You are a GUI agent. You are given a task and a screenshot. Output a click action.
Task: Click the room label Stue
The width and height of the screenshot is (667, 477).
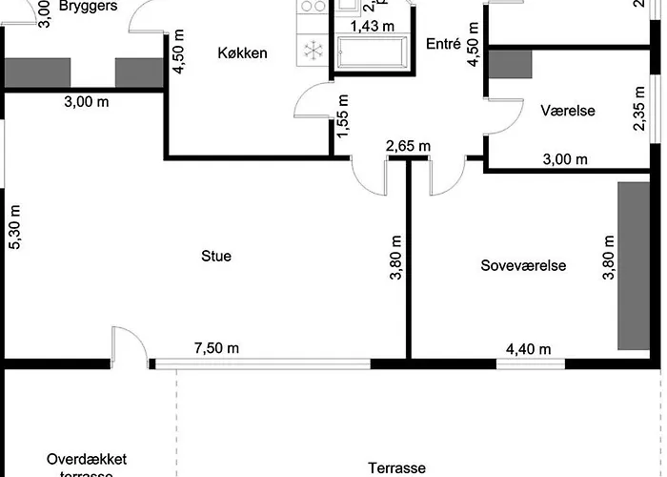click(216, 256)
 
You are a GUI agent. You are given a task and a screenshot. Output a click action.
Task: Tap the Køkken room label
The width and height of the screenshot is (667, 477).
click(241, 53)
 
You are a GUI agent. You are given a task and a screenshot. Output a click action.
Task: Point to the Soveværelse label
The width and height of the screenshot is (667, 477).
click(523, 266)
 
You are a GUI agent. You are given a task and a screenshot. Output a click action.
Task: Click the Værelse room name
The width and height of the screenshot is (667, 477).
click(568, 111)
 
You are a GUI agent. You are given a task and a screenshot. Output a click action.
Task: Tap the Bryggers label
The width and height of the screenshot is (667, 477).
click(88, 6)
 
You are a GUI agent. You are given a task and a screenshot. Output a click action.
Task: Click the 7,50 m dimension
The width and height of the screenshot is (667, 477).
click(218, 348)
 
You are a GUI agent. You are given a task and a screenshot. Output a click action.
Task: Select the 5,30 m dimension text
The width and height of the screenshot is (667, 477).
click(14, 228)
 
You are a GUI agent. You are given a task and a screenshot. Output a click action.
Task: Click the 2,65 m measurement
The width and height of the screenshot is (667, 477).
click(408, 146)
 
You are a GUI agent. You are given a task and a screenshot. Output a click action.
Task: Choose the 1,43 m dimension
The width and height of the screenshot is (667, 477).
click(373, 26)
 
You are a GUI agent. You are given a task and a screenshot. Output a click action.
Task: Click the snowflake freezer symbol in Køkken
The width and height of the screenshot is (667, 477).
click(311, 50)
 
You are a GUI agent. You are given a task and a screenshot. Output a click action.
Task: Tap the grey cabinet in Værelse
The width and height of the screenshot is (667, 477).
click(511, 62)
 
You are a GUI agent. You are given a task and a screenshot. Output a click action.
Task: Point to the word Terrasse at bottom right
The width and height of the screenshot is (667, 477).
click(397, 468)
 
